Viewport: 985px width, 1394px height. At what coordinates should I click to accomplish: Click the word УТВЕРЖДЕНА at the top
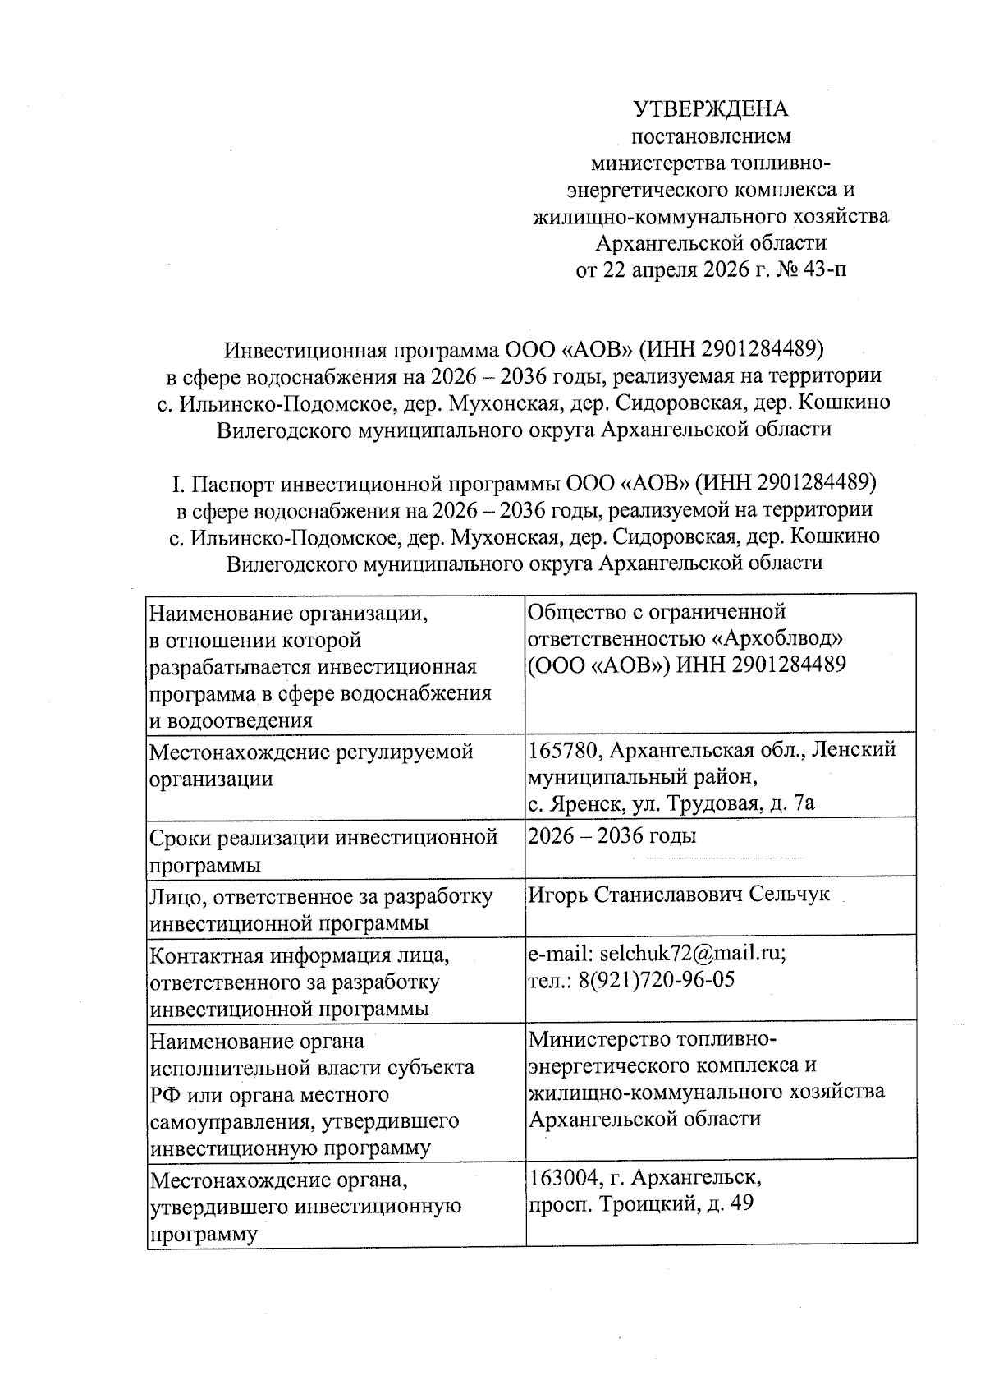tap(710, 109)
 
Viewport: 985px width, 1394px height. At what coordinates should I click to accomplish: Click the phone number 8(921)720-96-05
tap(656, 979)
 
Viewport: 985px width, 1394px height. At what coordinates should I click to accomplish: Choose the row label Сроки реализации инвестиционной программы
tap(323, 850)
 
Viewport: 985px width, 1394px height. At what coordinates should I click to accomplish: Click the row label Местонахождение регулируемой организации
tap(312, 764)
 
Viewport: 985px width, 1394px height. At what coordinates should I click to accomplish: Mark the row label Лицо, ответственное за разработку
tap(321, 896)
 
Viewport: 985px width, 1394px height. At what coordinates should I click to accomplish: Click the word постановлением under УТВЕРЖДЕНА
tap(710, 136)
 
